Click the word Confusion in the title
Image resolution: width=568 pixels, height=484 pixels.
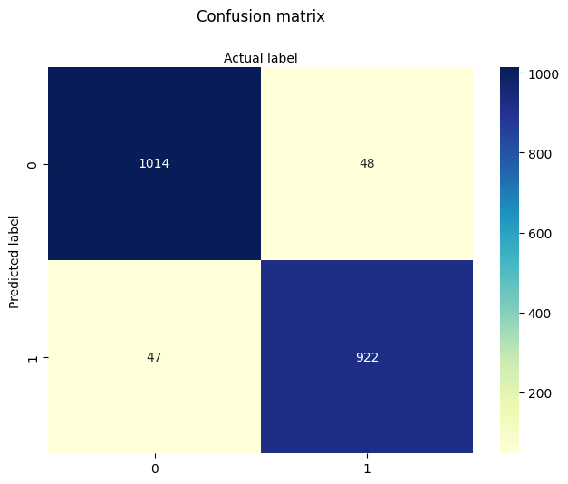[x=227, y=16]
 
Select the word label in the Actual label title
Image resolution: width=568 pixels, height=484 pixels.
[x=282, y=58]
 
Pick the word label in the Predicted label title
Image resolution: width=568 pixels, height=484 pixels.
[x=14, y=230]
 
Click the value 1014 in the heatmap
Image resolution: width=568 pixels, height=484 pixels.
[x=154, y=164]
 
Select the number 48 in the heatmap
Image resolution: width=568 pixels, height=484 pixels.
[x=367, y=164]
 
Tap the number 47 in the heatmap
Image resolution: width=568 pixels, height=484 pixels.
[x=154, y=357]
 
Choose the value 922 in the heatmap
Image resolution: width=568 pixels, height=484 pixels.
[x=367, y=357]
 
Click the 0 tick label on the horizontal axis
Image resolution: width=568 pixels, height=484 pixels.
[x=154, y=469]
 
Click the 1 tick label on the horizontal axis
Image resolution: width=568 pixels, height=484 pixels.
[x=367, y=469]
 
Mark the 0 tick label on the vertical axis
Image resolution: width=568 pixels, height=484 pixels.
[x=34, y=164]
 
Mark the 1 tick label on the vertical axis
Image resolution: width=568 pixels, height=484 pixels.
[x=34, y=357]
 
